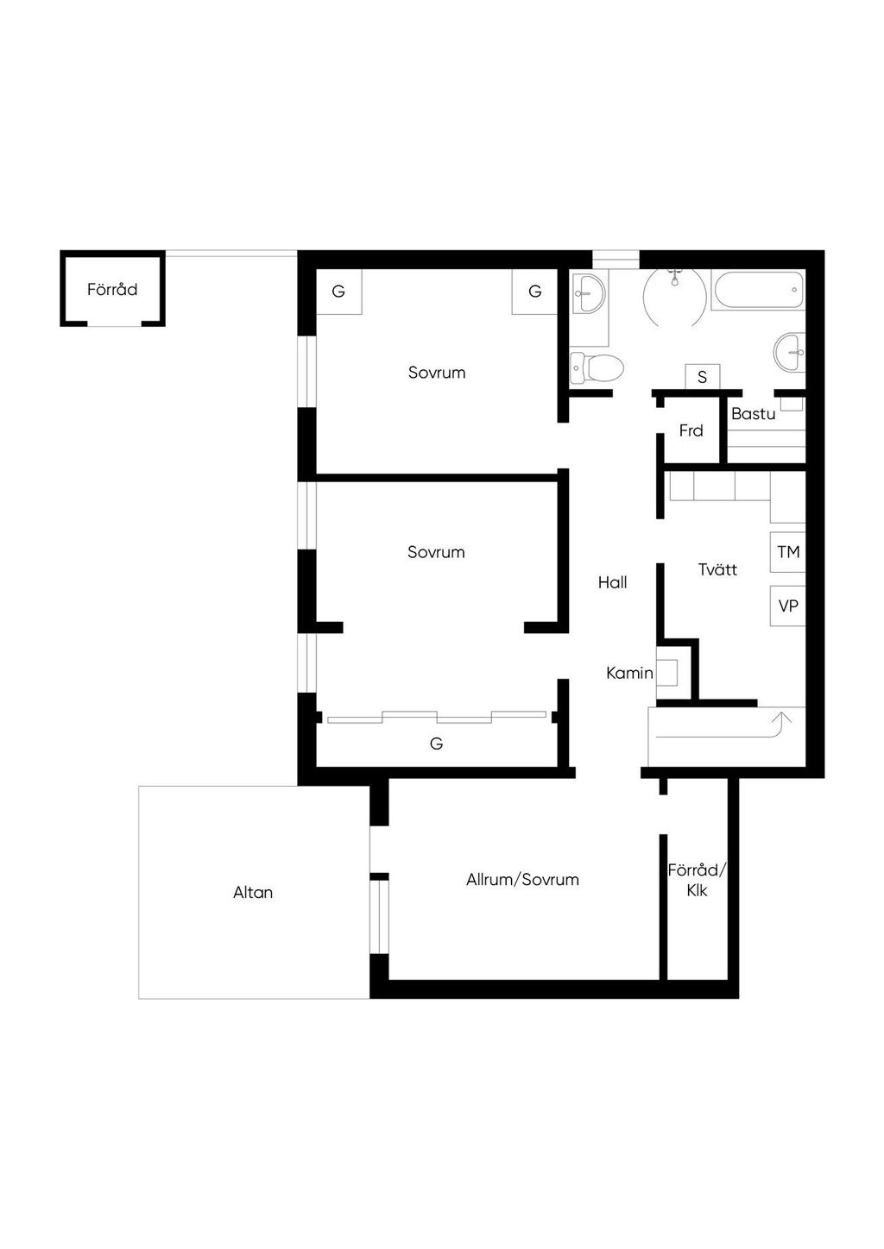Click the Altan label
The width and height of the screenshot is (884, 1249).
pyautogui.click(x=253, y=893)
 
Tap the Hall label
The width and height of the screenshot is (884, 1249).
pyautogui.click(x=612, y=583)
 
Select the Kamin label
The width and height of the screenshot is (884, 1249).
pyautogui.click(x=629, y=673)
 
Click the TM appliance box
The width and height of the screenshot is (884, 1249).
pyautogui.click(x=787, y=552)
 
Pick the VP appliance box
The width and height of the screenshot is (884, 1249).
pyautogui.click(x=787, y=606)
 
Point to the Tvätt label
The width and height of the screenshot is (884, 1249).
pyautogui.click(x=717, y=569)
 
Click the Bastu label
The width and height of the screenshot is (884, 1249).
pyautogui.click(x=754, y=414)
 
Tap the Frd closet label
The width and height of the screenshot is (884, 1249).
pyautogui.click(x=691, y=430)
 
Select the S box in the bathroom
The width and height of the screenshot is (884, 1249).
pyautogui.click(x=703, y=377)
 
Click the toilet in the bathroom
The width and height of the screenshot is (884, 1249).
pyautogui.click(x=596, y=368)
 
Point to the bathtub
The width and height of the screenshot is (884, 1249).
pyautogui.click(x=758, y=290)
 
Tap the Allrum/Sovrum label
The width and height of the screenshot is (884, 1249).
pyautogui.click(x=522, y=880)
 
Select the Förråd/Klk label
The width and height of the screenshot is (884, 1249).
pyautogui.click(x=697, y=880)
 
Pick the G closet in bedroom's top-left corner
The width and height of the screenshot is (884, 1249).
pyautogui.click(x=338, y=292)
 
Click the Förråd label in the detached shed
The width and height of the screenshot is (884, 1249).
pyautogui.click(x=112, y=289)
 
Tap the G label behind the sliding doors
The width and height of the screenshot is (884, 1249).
pyautogui.click(x=437, y=744)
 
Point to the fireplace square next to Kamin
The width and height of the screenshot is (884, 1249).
pyautogui.click(x=667, y=673)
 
